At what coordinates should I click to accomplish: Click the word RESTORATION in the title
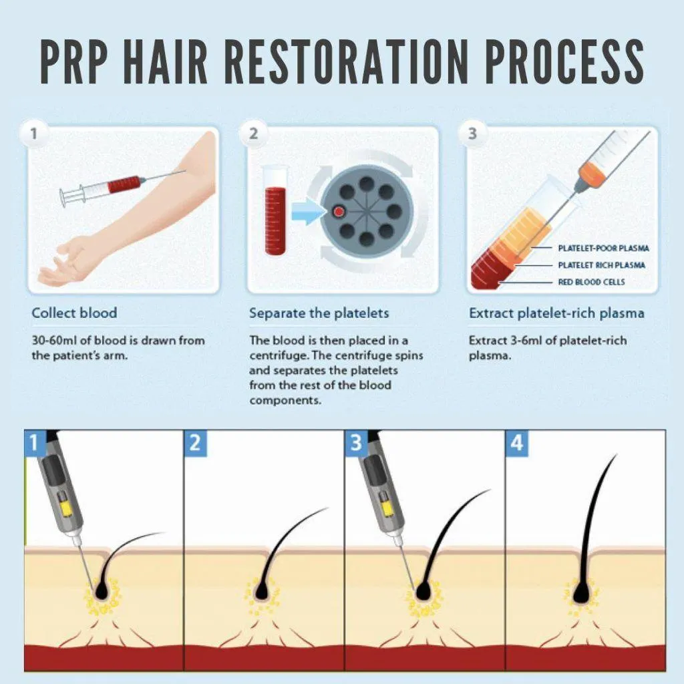tap(348, 61)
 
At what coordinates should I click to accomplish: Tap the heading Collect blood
tap(74, 313)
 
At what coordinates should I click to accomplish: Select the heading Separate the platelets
tap(319, 313)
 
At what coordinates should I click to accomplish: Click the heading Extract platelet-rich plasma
tap(556, 313)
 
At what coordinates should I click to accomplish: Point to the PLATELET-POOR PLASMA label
tap(603, 248)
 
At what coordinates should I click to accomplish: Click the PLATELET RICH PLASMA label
tap(602, 265)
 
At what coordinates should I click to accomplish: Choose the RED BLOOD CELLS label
tap(591, 283)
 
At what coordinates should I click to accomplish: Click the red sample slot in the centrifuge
tap(339, 212)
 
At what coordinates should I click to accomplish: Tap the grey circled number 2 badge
tap(253, 133)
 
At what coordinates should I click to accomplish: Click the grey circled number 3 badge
tap(472, 133)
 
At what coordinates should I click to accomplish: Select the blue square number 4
tap(516, 444)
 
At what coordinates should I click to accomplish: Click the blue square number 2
tap(195, 444)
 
